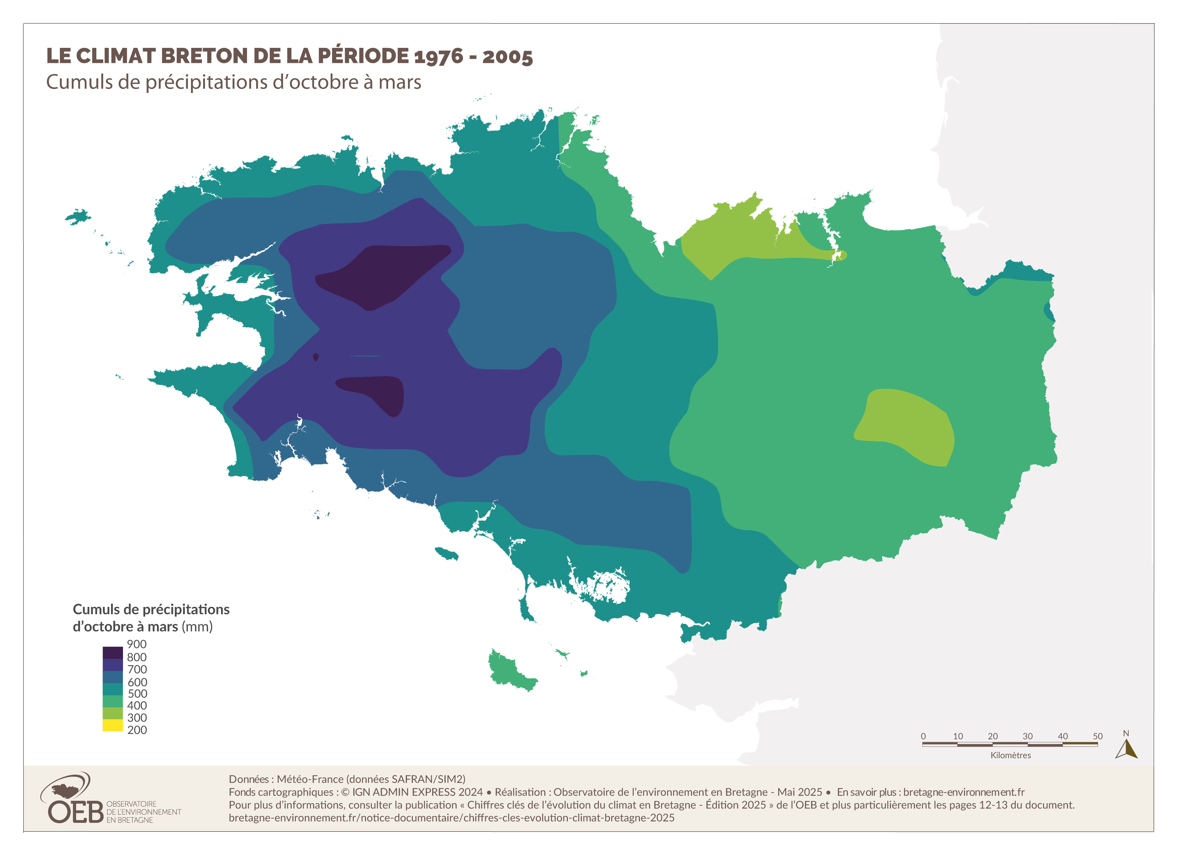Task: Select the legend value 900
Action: (137, 644)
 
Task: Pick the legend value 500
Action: (137, 693)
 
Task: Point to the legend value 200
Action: (137, 730)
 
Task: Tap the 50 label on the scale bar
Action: (1097, 736)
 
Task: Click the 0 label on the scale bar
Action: (923, 736)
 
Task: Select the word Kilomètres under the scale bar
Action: (1010, 755)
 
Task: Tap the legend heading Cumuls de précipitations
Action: (151, 609)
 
